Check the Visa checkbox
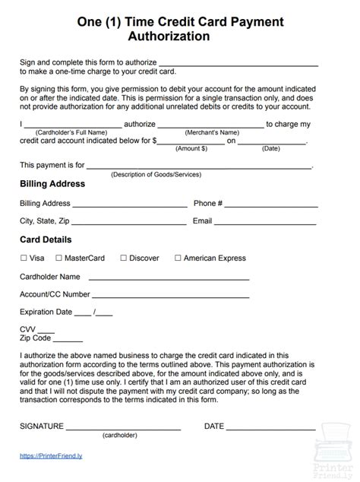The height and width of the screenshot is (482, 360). click(x=24, y=258)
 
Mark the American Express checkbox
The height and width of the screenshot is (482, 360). click(x=178, y=258)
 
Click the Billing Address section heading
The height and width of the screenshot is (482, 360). click(x=52, y=184)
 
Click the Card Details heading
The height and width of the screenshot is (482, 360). click(x=46, y=239)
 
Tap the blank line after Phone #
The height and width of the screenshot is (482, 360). click(x=272, y=205)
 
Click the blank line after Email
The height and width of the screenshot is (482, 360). click(x=266, y=224)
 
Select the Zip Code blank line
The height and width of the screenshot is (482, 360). click(x=68, y=340)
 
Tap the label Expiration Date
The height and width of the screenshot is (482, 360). click(x=46, y=312)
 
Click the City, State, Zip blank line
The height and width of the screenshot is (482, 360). click(x=129, y=224)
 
